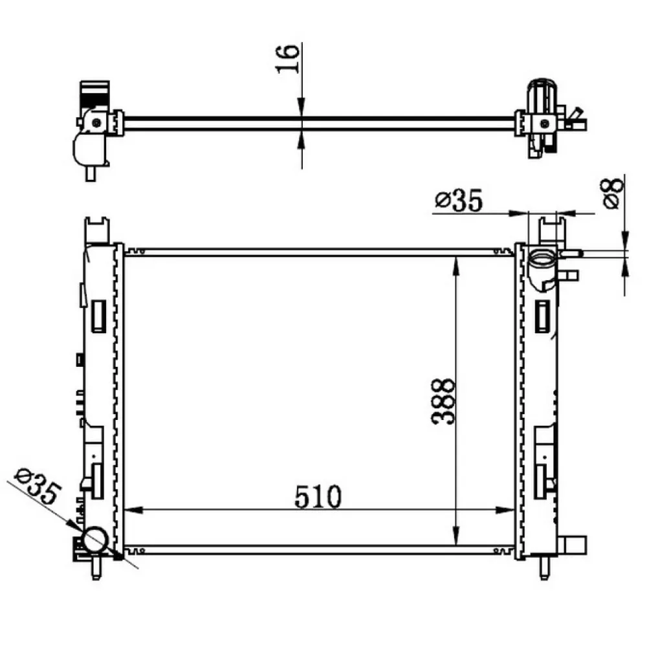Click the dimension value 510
(318, 496)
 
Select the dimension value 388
(443, 402)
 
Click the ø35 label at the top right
(459, 201)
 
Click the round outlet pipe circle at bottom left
(95, 540)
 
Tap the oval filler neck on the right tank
(542, 261)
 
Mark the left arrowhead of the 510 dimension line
(133, 510)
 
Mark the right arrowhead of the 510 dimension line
(505, 510)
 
